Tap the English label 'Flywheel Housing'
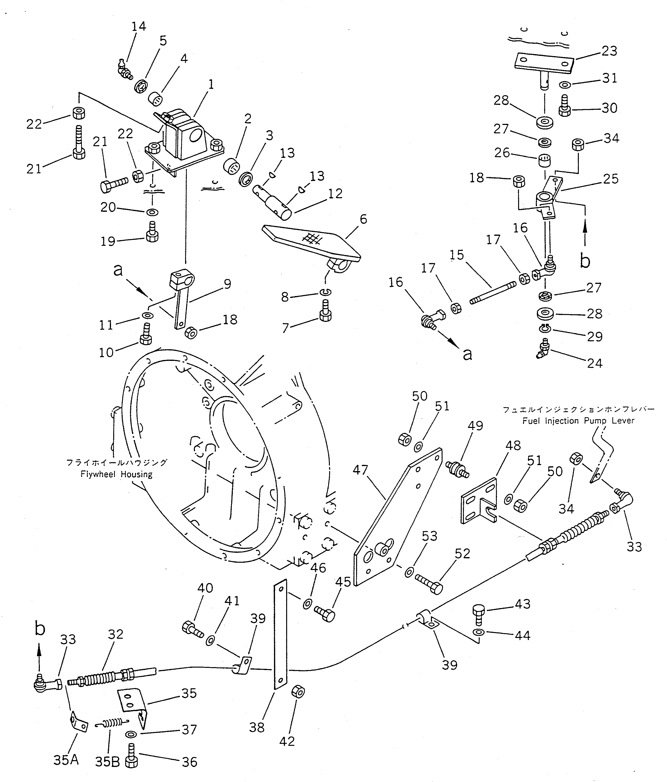[116, 474]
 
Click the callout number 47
[360, 470]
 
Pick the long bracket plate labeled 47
[396, 517]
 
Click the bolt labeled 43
[478, 614]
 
